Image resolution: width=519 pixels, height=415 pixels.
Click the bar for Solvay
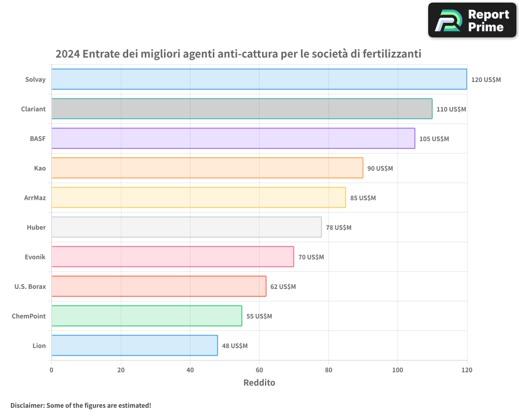tap(259, 79)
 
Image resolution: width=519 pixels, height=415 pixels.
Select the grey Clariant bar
tap(242, 109)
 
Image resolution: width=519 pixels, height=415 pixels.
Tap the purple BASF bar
tap(233, 139)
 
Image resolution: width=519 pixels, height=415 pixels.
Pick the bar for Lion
tap(134, 345)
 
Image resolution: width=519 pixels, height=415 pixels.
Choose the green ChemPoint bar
tap(146, 316)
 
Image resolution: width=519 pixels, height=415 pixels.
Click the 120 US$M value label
tap(486, 80)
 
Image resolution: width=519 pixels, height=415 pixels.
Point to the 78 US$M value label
tap(338, 228)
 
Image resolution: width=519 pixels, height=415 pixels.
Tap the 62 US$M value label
tap(283, 287)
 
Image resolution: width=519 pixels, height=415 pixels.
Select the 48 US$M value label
tap(235, 346)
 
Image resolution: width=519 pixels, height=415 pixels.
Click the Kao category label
tap(40, 168)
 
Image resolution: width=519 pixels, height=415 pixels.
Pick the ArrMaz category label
tap(35, 198)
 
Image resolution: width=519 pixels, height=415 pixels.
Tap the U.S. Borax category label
tap(30, 286)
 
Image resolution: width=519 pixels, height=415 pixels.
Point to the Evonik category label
tap(35, 257)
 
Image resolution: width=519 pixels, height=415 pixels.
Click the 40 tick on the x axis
tap(190, 370)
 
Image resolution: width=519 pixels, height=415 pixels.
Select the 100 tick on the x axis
tap(398, 370)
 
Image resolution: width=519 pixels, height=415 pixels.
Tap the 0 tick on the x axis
tap(51, 370)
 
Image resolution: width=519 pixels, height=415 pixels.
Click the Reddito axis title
tap(259, 383)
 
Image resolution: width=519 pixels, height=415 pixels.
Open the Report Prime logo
tap(472, 20)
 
